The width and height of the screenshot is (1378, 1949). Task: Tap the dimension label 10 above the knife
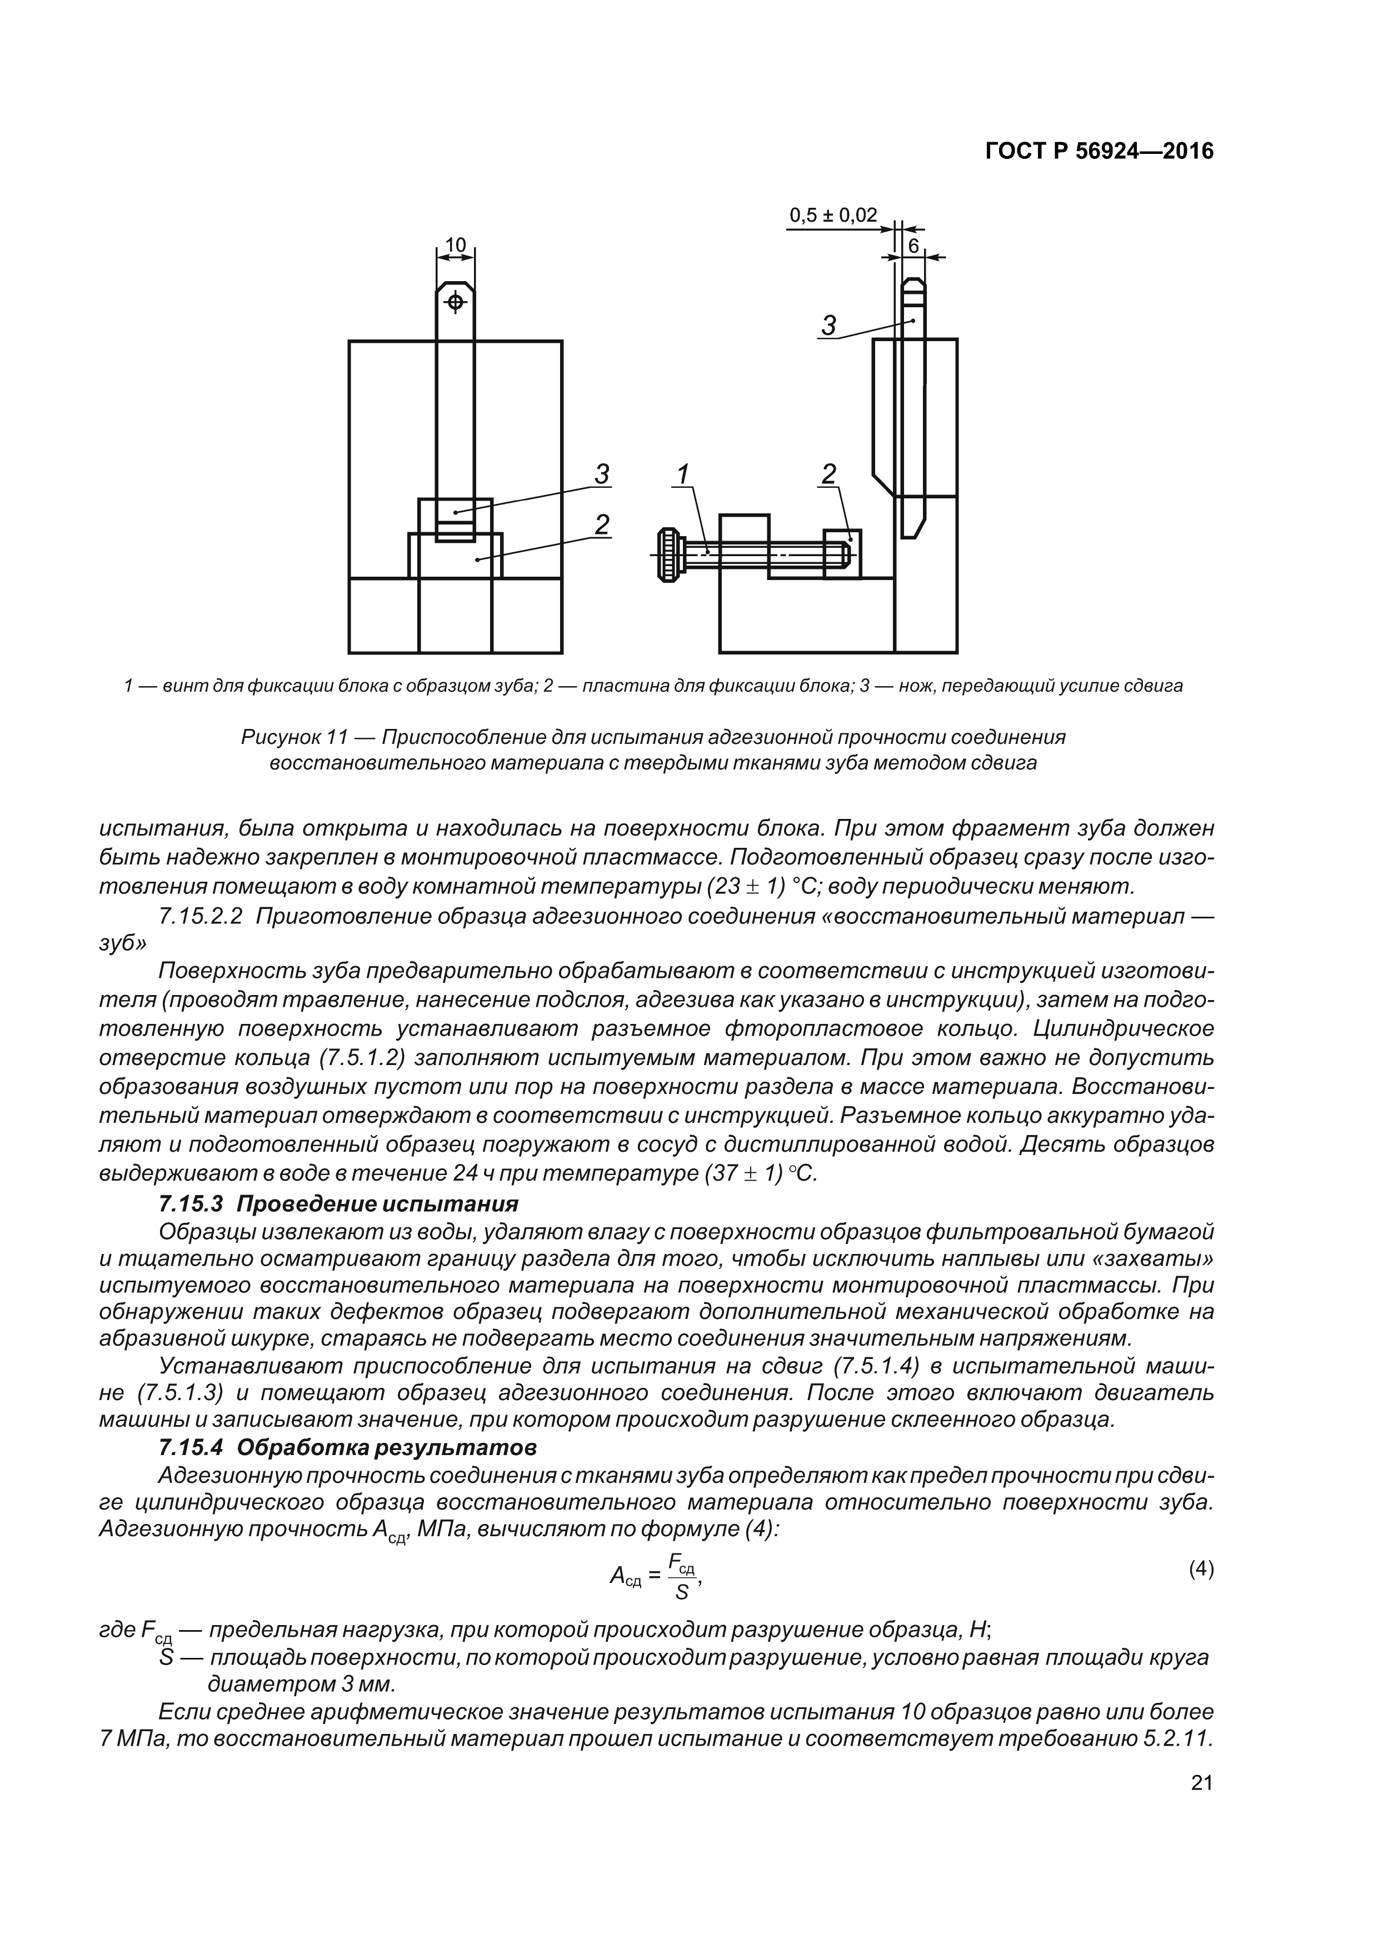(456, 246)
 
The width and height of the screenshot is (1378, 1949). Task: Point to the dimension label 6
(913, 246)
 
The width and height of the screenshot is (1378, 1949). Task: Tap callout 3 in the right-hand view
(828, 325)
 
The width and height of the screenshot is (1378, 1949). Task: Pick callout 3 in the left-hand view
(601, 474)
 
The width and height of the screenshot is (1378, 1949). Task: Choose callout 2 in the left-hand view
(601, 526)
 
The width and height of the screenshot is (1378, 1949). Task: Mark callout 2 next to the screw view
(828, 474)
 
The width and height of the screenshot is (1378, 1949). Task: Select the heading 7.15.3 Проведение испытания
(338, 1204)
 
